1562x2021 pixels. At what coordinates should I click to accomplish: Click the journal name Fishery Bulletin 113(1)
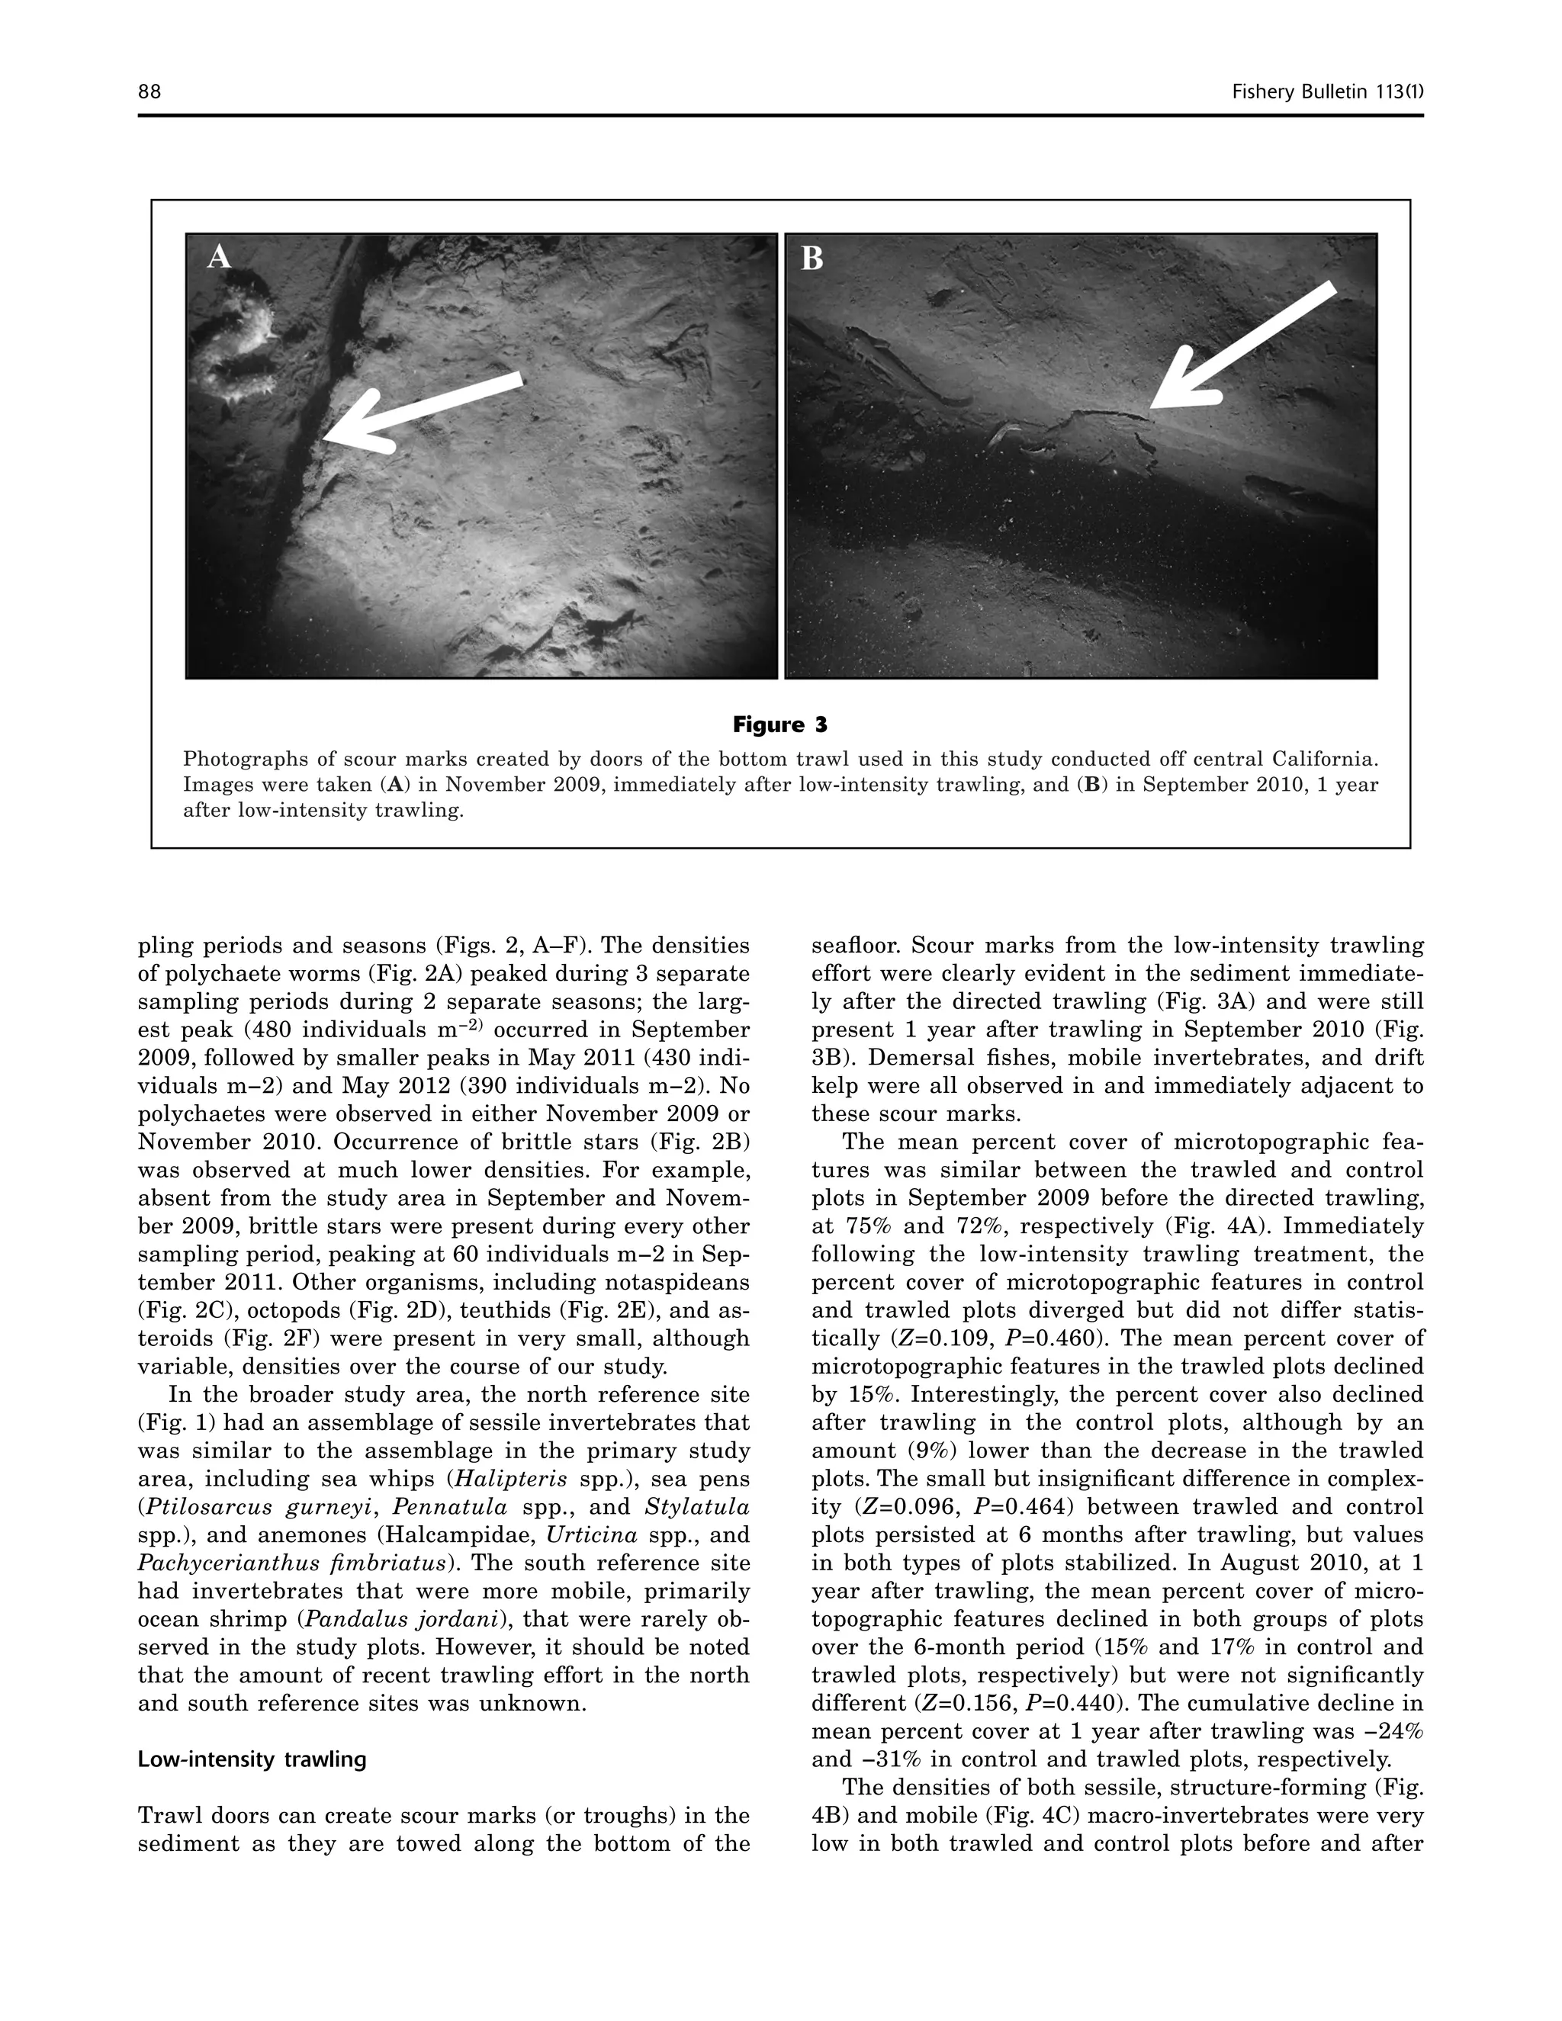pos(1327,92)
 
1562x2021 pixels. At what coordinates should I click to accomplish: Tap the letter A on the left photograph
pos(218,256)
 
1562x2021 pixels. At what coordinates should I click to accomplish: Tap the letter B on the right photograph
pos(812,259)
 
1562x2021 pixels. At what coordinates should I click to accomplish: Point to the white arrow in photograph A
pos(422,412)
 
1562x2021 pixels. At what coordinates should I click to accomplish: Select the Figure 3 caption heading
pos(780,724)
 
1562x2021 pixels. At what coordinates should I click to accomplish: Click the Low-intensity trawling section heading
pos(252,1759)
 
